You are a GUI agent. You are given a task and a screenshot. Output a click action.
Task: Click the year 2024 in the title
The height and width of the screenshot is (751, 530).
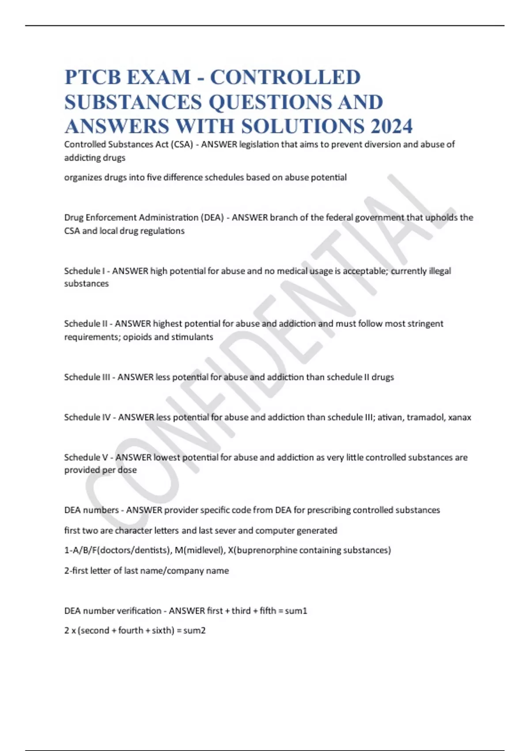[x=391, y=126]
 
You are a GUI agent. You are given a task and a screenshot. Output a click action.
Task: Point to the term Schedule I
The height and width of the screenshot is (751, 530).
[x=84, y=271]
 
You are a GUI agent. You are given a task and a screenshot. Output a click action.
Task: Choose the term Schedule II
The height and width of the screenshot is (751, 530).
[x=86, y=324]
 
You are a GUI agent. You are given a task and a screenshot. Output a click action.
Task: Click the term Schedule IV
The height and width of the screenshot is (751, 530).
[x=87, y=417]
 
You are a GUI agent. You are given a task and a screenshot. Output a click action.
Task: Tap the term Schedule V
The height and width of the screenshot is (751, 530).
[x=86, y=457]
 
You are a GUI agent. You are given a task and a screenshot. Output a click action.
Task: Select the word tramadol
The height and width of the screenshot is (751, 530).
[x=425, y=417]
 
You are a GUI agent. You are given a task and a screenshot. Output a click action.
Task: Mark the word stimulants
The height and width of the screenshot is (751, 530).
[x=192, y=337]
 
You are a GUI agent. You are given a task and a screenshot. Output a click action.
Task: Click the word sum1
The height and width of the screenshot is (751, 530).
[x=296, y=611]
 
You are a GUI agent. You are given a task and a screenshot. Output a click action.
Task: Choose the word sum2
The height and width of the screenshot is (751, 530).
[x=194, y=630]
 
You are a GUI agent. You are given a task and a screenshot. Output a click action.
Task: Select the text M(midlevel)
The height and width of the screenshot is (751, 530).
[x=199, y=550]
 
